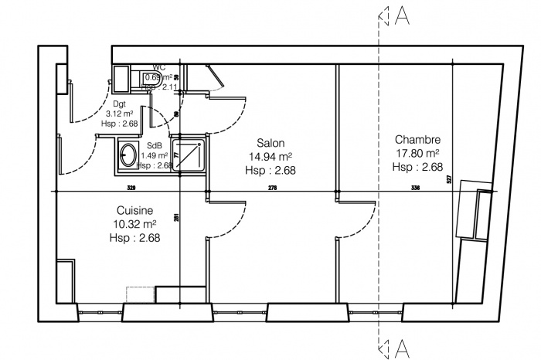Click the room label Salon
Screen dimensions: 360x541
270,143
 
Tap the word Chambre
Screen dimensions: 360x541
417,140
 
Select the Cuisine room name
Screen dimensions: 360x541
134,210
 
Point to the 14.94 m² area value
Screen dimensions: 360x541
270,157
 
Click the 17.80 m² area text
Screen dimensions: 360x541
417,153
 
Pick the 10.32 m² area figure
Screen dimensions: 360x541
135,224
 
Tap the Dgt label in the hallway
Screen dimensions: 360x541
120,103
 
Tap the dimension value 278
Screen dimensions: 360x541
272,188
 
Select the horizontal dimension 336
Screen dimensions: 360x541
415,188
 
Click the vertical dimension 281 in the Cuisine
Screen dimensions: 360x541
177,217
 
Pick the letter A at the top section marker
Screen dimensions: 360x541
402,16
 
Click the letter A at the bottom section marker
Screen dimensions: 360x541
402,348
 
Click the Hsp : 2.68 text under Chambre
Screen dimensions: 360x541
417,167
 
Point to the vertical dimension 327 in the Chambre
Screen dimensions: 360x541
448,179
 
